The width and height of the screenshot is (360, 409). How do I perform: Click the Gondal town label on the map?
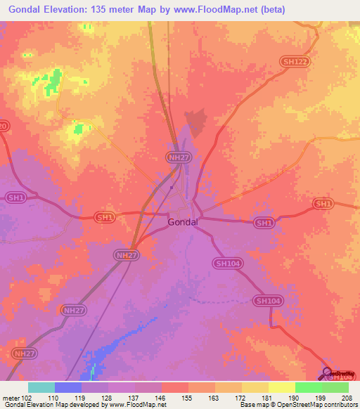coord(182,222)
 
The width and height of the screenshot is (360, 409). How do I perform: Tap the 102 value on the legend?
coord(27,397)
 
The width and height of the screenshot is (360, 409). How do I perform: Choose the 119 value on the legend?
coord(81,397)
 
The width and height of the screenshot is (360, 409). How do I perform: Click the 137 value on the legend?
coord(134,397)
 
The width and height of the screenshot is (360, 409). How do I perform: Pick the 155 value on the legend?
coord(188,397)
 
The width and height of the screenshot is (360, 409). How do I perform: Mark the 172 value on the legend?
coord(241,397)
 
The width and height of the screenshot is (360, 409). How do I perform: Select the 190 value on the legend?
coord(295,397)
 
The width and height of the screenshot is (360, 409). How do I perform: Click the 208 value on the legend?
coord(348,397)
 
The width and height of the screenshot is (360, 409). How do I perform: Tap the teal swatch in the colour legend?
coord(41,387)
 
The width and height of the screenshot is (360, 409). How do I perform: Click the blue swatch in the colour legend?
coord(68,387)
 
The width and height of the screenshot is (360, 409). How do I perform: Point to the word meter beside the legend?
coord(9,397)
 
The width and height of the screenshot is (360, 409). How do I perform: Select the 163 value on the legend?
coord(214,397)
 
